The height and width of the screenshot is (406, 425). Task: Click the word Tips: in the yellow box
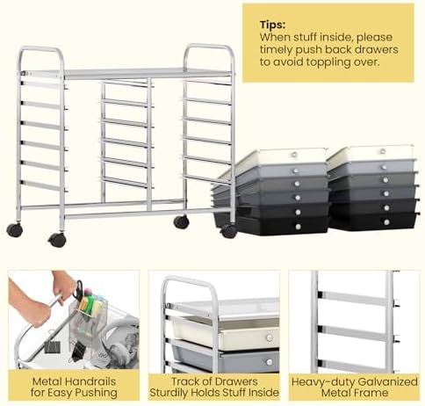(x=272, y=25)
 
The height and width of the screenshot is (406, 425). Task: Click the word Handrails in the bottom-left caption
(x=90, y=381)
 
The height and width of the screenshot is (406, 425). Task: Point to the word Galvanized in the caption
(x=388, y=381)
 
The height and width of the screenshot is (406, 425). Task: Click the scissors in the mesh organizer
(x=78, y=290)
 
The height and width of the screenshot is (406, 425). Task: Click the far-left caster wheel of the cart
(x=15, y=230)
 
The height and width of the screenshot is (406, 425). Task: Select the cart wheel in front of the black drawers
(x=228, y=231)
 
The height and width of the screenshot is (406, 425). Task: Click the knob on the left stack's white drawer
(x=294, y=155)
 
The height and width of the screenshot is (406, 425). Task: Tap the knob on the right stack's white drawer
(x=383, y=151)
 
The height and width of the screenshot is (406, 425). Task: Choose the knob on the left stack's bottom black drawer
(x=299, y=227)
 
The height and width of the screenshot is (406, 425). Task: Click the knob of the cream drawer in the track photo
(x=269, y=338)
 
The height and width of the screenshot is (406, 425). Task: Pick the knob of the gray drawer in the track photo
(x=269, y=362)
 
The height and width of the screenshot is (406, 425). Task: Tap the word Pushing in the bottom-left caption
(x=97, y=393)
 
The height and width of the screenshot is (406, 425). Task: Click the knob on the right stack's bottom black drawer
(x=386, y=222)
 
